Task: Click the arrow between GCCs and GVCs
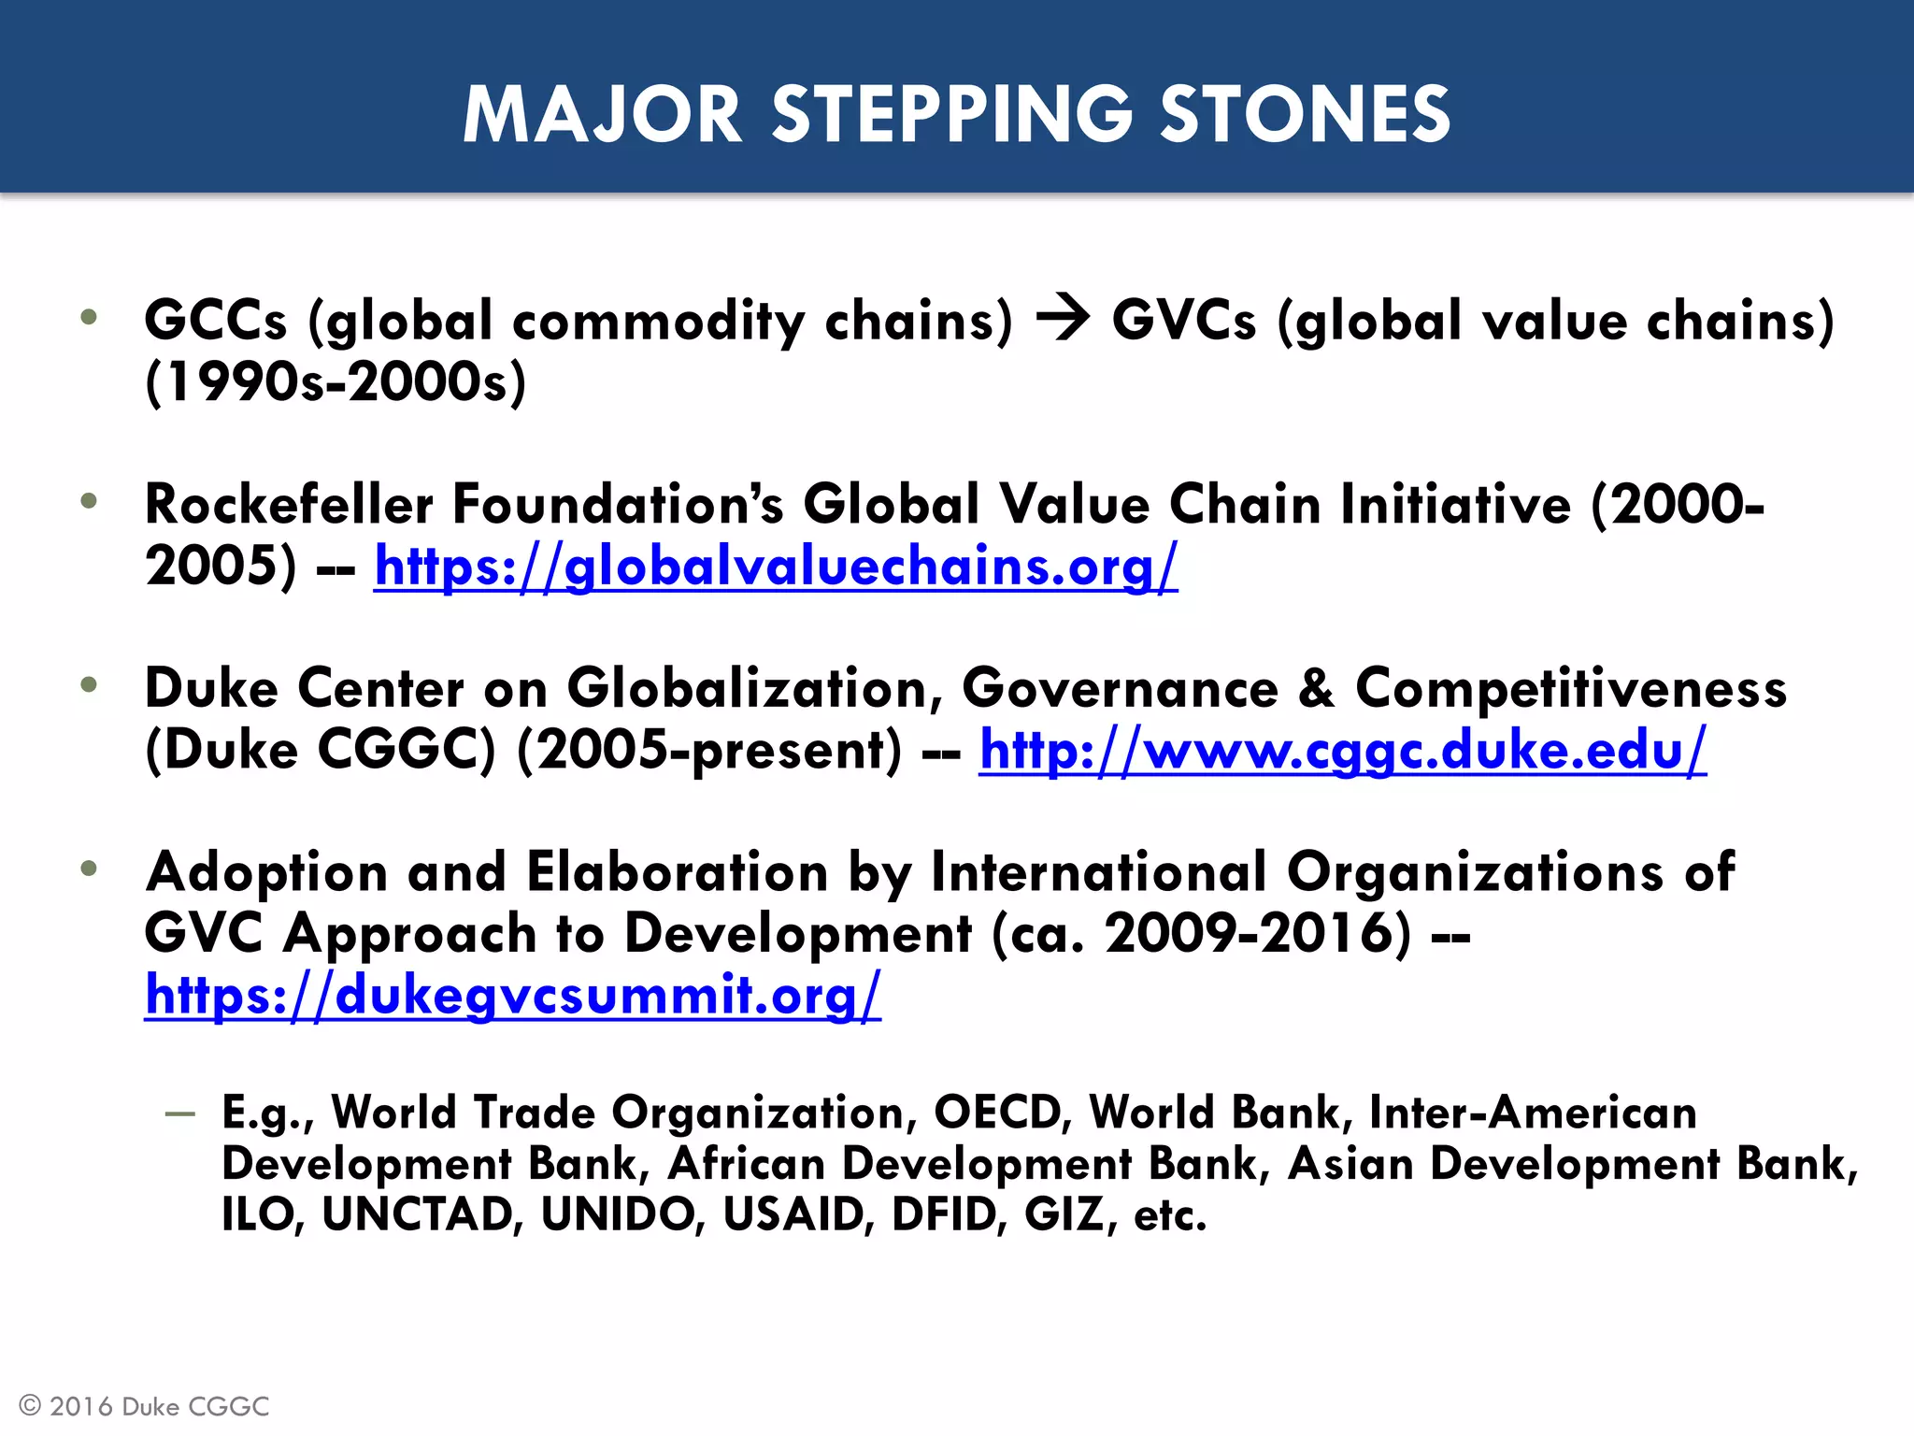point(1063,319)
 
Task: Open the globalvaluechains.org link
point(776,567)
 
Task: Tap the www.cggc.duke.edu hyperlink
point(1342,750)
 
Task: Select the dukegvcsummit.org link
point(512,994)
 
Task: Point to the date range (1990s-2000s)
point(336,381)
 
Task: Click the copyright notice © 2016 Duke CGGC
point(144,1406)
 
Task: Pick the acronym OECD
point(996,1113)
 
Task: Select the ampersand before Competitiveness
point(1316,688)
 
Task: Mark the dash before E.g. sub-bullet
point(179,1113)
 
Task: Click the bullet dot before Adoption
point(89,869)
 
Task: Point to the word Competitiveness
point(1570,688)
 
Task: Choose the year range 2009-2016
point(1257,933)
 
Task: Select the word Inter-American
point(1533,1113)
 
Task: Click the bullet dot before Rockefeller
point(89,501)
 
